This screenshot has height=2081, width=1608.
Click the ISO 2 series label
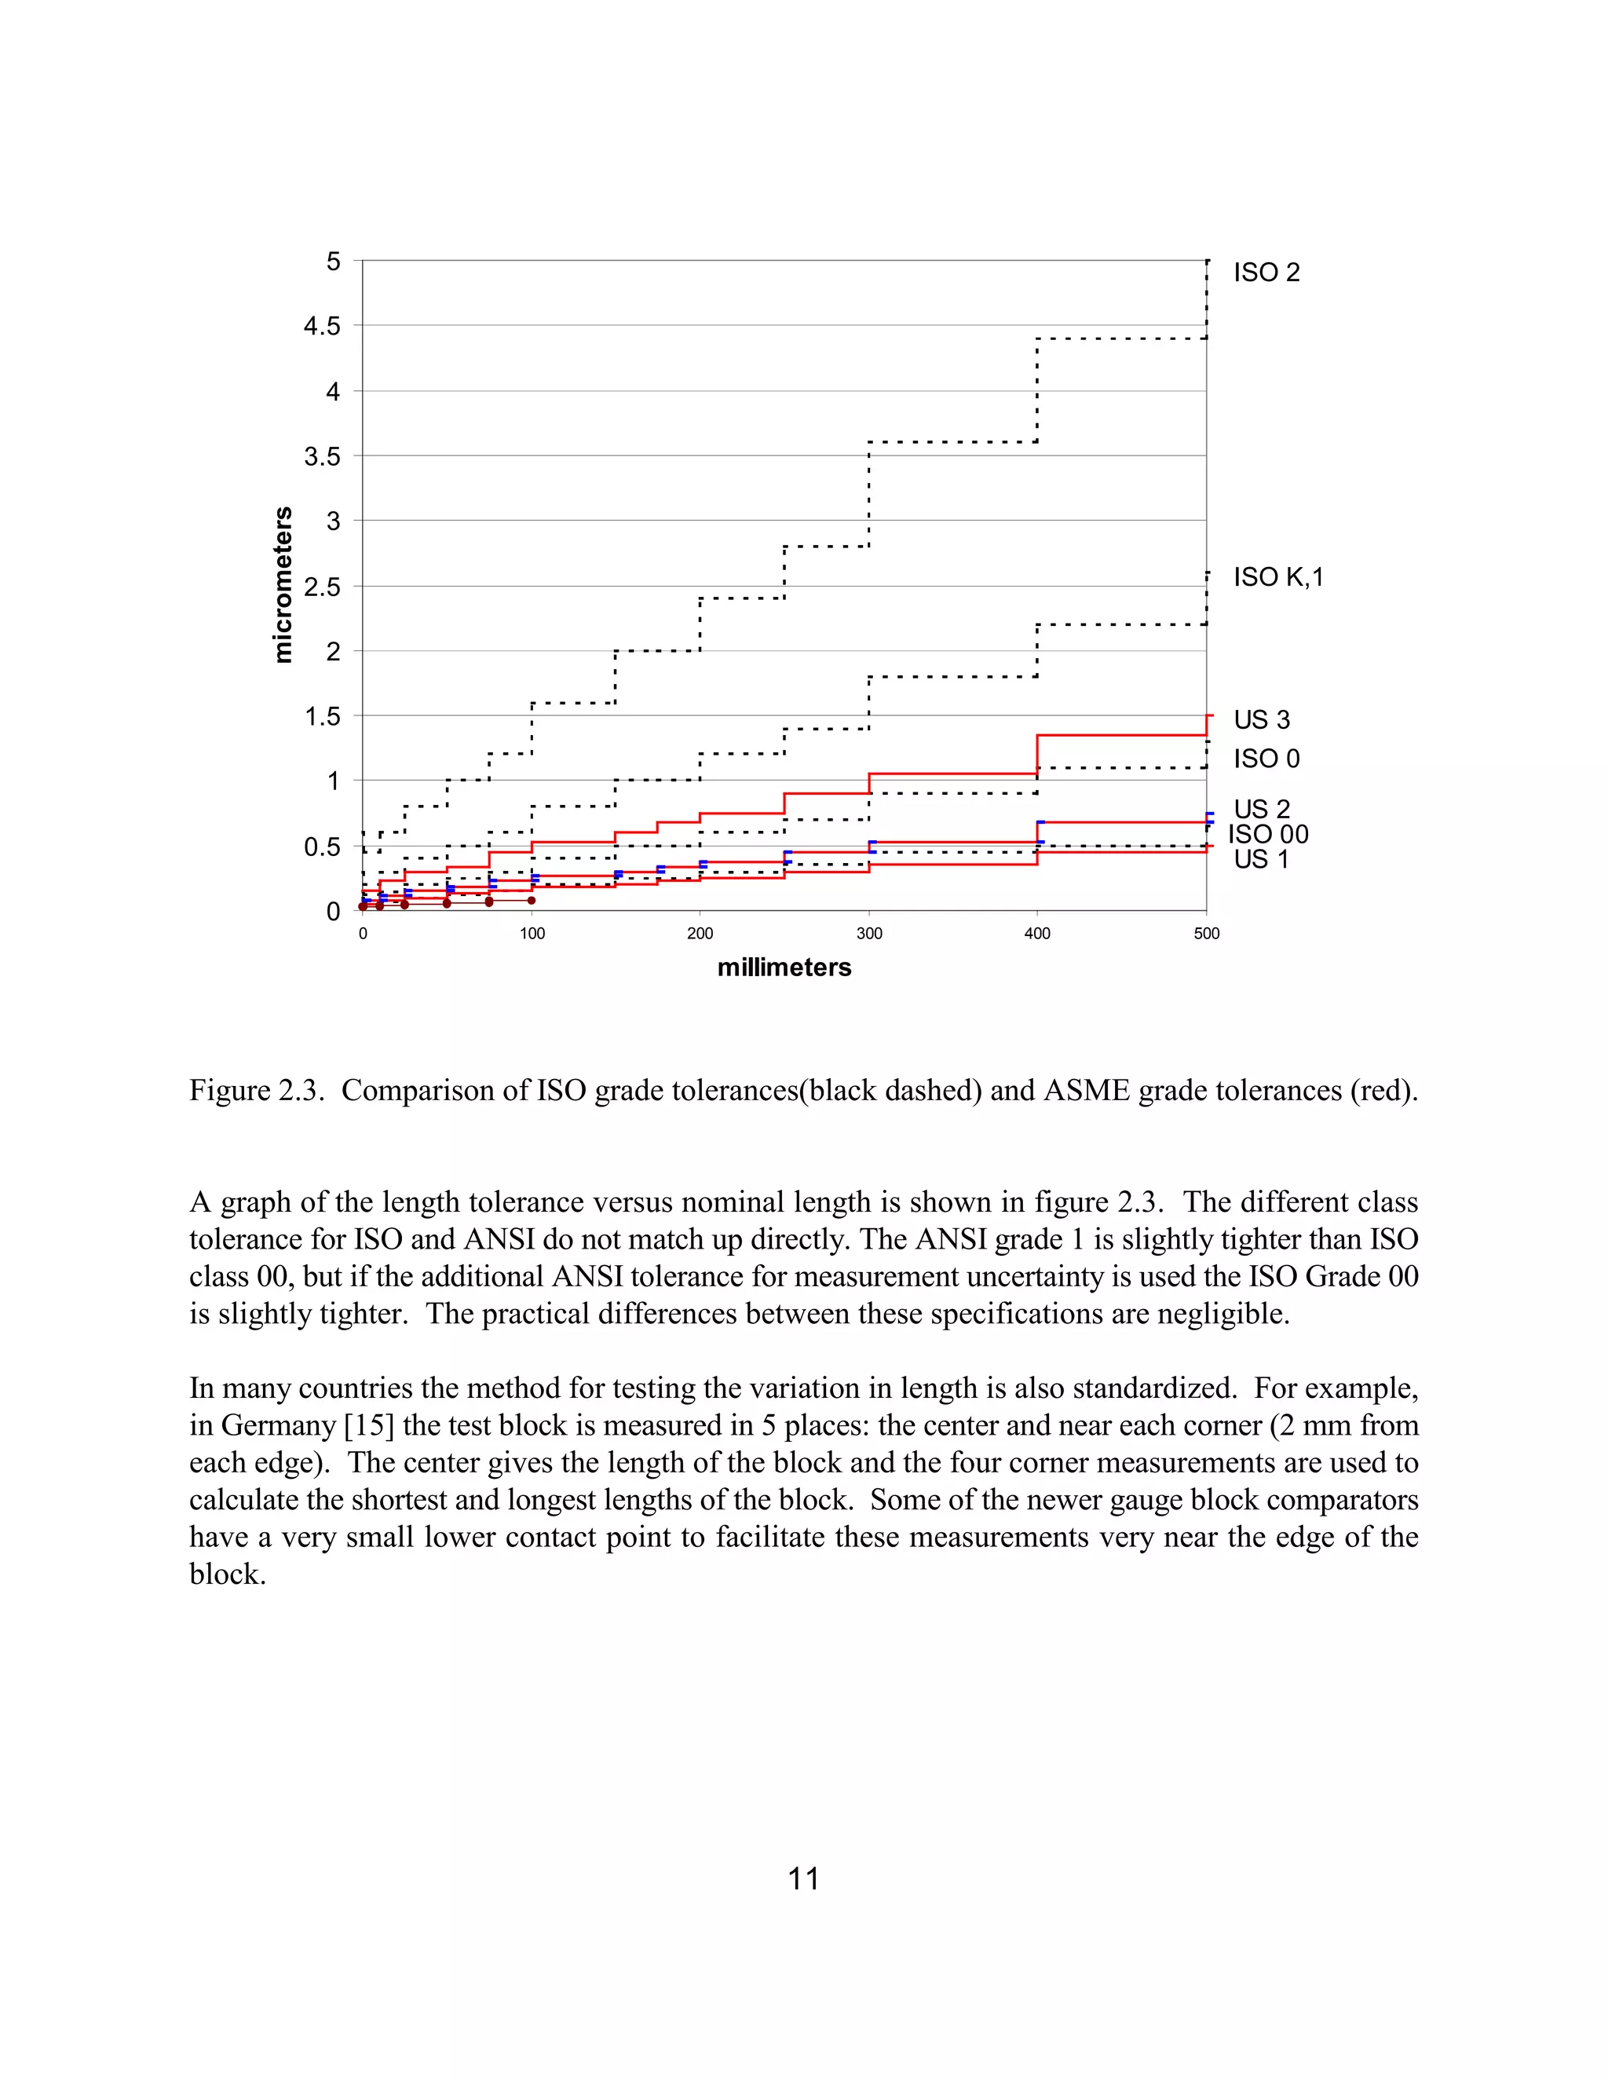click(1266, 272)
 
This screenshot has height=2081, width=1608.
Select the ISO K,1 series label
click(1277, 577)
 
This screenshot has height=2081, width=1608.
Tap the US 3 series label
click(1261, 719)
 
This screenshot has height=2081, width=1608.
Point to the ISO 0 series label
click(1266, 759)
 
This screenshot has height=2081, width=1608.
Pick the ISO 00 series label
click(1267, 835)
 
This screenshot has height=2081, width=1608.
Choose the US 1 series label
click(1260, 859)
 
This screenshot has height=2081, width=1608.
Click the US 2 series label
click(1261, 809)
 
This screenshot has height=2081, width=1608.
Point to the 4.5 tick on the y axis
click(322, 326)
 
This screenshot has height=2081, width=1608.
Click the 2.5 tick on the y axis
click(322, 587)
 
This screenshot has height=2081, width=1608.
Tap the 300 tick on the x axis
click(869, 934)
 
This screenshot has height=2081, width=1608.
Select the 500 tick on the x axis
click(1206, 934)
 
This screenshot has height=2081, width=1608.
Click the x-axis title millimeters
click(784, 967)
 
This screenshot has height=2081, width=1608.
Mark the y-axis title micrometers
click(283, 585)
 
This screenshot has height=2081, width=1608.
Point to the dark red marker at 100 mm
click(532, 901)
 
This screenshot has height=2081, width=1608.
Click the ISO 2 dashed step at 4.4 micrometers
click(1121, 338)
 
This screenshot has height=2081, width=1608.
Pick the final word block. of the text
click(227, 1574)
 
